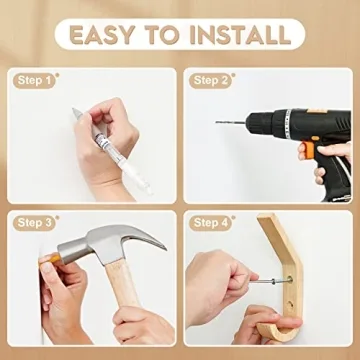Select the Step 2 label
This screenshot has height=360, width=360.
[211, 80]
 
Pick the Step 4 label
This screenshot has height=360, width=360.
[211, 221]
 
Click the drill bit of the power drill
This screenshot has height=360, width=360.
[232, 122]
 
